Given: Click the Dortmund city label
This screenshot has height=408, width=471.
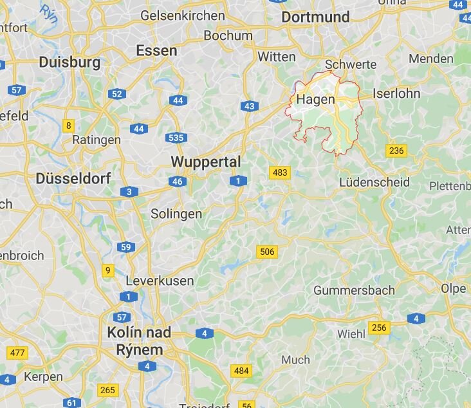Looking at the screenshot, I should click(315, 17).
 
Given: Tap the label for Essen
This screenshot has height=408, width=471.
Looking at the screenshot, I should click(156, 50).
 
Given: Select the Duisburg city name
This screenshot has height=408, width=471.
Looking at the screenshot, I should click(69, 62).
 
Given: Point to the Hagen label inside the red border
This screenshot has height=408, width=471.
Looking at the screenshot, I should click(315, 100).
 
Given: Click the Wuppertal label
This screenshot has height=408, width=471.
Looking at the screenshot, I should click(206, 162).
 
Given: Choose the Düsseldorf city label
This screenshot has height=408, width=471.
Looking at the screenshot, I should click(73, 178).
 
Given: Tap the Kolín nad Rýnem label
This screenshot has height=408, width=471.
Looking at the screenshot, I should click(140, 341).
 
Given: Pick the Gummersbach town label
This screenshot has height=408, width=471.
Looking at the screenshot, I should click(354, 290).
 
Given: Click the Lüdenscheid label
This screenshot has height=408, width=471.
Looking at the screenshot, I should click(374, 182).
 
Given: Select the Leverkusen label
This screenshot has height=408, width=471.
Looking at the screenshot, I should click(160, 281).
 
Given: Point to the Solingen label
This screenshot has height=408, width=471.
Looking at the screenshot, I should click(176, 214).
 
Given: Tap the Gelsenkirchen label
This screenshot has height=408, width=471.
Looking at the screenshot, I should click(183, 15).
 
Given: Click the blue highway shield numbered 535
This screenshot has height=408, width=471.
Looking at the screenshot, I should click(176, 137).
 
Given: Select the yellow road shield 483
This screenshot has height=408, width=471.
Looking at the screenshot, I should click(280, 172).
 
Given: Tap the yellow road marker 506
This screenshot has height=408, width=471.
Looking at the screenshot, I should click(266, 252).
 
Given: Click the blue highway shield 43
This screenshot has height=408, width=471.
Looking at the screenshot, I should click(250, 106).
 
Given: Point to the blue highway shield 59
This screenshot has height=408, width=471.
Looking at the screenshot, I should click(126, 247).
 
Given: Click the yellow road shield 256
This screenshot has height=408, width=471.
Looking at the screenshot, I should click(380, 328).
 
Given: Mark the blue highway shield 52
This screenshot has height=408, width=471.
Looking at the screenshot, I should click(116, 94).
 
